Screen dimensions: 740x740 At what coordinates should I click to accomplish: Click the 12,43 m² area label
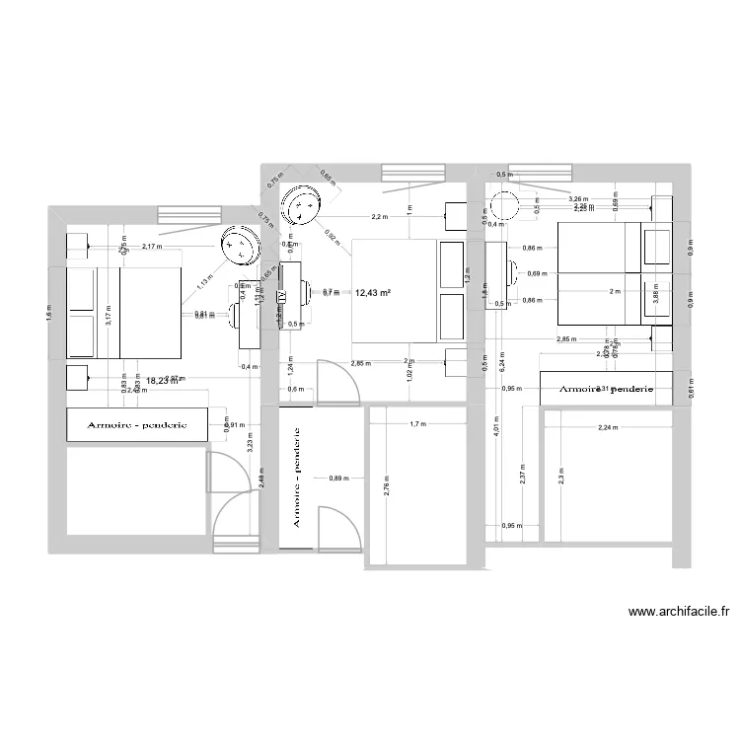point(373,292)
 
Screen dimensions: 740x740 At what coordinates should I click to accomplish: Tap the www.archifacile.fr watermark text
point(679,612)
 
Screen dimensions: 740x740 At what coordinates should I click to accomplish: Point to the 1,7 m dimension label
point(417,424)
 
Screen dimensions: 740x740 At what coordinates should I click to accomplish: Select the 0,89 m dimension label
point(338,479)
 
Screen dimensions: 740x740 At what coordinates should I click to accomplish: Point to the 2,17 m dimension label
point(152,247)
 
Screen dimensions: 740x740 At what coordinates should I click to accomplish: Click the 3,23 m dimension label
point(250,444)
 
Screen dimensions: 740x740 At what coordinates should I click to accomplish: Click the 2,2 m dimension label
point(379,216)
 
